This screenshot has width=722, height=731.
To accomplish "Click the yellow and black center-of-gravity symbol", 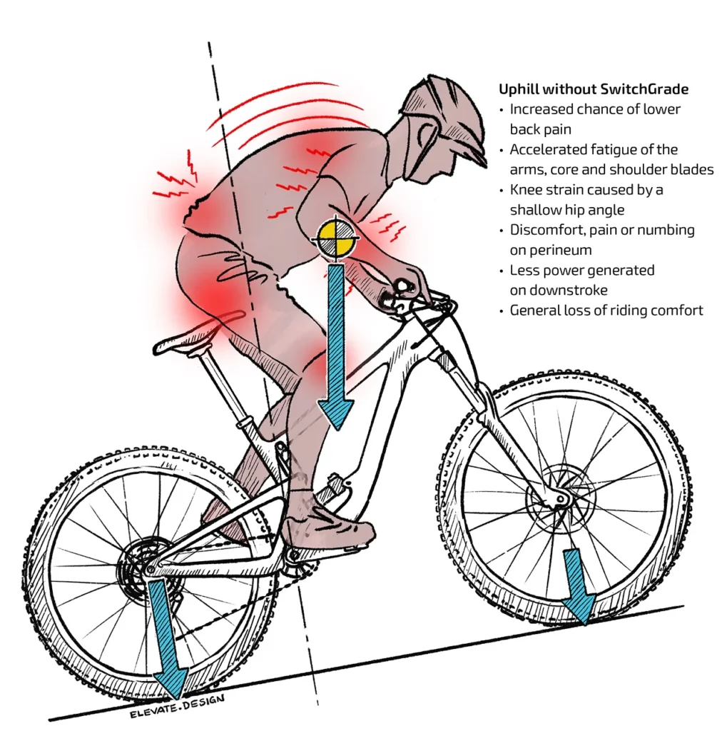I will (x=336, y=238).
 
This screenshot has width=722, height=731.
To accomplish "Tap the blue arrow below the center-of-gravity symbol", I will (x=335, y=350).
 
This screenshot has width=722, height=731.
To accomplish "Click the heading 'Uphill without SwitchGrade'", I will (x=594, y=90).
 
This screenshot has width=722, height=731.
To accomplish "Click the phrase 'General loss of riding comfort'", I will (x=606, y=311).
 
